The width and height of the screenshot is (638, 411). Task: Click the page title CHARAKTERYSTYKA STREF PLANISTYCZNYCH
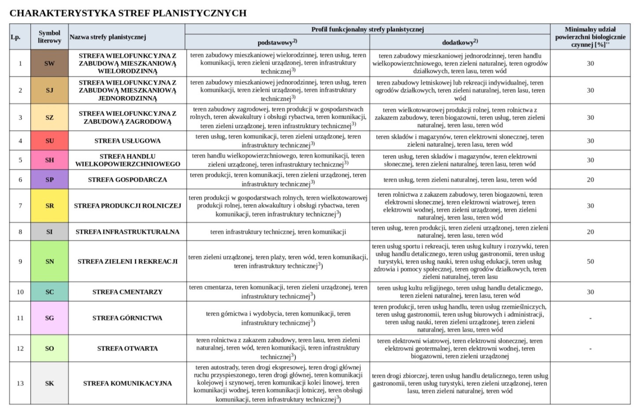[x=128, y=13]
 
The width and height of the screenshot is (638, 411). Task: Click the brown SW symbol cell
[x=49, y=63]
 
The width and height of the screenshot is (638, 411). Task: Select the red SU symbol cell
[x=49, y=141]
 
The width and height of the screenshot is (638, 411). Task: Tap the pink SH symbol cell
[x=49, y=160]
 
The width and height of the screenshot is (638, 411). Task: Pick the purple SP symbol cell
[x=49, y=179]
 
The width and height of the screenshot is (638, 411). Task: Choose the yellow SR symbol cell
[x=49, y=205]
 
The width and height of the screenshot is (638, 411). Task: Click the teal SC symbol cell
[x=49, y=292]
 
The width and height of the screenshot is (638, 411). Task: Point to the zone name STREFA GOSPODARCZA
[x=127, y=179]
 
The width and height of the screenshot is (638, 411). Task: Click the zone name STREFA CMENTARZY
[x=127, y=292]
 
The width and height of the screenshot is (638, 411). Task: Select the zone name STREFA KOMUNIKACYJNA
[x=127, y=383]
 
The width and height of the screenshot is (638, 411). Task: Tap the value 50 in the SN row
[x=590, y=262]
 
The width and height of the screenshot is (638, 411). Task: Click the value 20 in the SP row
[x=590, y=179]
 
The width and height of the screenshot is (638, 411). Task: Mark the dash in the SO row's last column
[x=590, y=349]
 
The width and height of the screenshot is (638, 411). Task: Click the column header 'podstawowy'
[x=277, y=43]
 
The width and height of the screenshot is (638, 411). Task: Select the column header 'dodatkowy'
[x=459, y=43]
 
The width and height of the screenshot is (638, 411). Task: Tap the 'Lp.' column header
[x=16, y=37]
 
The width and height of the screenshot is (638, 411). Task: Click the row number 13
[x=20, y=383]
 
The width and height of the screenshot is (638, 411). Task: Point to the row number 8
[x=20, y=232]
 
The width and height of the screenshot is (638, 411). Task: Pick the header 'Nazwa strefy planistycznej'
[x=108, y=37]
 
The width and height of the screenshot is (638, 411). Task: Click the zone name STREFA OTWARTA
[x=127, y=349]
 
